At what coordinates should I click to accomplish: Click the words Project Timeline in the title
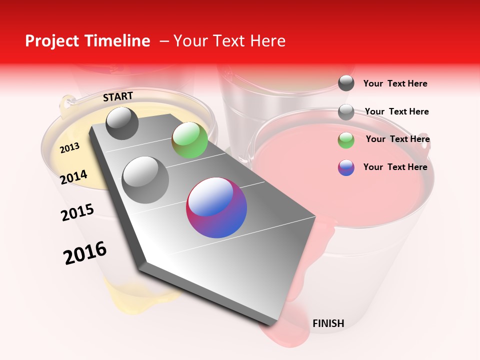[x=87, y=41]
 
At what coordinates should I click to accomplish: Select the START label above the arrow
[x=118, y=96]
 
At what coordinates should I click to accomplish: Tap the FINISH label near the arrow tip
[x=328, y=323]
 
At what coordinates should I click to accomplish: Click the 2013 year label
[x=69, y=147]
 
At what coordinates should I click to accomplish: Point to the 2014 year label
[x=73, y=177]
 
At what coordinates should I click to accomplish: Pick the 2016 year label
[x=85, y=253]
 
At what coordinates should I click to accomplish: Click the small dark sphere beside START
[x=122, y=123]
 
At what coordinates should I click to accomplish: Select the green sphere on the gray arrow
[x=189, y=140]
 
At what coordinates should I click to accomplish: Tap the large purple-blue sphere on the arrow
[x=216, y=207]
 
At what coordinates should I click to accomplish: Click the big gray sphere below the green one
[x=145, y=179]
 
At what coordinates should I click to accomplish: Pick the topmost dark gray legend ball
[x=346, y=83]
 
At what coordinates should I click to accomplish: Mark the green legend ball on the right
[x=346, y=140]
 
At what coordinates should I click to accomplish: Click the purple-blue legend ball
[x=346, y=167]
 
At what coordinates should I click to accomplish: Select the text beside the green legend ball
[x=397, y=139]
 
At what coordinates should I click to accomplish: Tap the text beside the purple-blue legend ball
[x=395, y=167]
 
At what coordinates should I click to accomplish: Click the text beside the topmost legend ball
[x=395, y=83]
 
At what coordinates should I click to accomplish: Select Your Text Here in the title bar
[x=229, y=41]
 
